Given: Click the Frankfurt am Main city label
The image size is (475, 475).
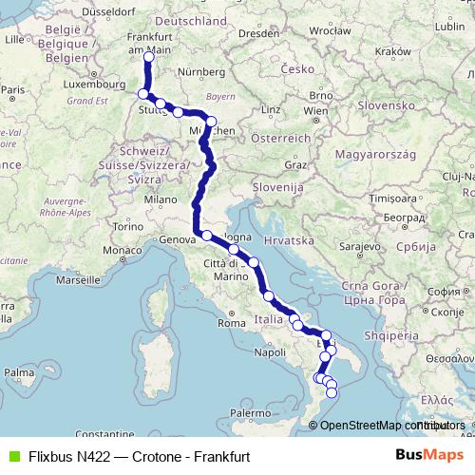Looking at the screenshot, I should click(149, 42).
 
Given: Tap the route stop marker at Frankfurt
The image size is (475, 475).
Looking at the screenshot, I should click(148, 56).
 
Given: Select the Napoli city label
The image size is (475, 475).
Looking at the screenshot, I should click(269, 351).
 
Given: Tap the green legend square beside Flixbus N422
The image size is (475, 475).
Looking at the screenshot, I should click(13, 456).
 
